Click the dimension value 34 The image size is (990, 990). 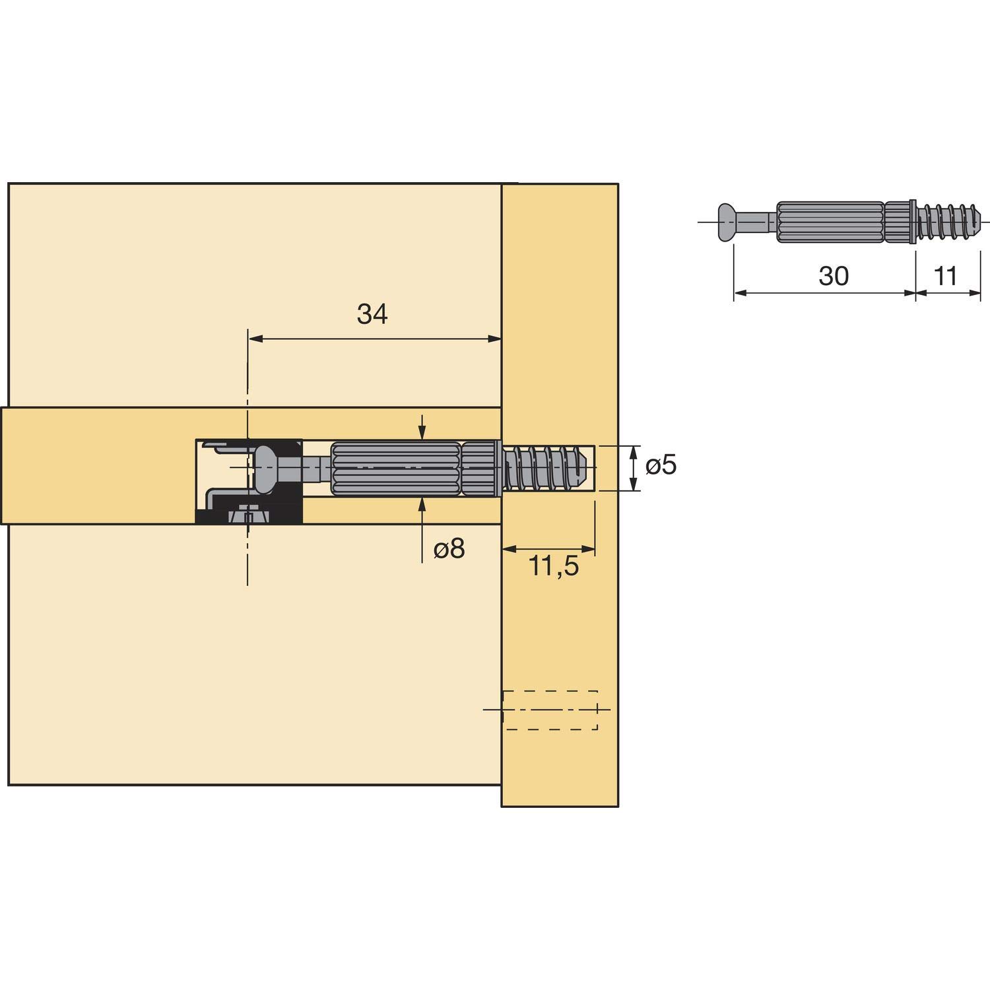click(x=372, y=315)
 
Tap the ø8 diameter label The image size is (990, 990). click(x=449, y=548)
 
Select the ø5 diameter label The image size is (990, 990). click(x=661, y=466)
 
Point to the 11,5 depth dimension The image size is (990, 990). click(x=554, y=566)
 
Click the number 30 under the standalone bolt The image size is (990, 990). click(x=834, y=276)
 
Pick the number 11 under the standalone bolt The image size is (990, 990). click(x=946, y=276)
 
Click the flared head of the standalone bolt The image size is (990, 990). click(x=727, y=222)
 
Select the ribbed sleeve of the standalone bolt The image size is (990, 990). click(x=830, y=222)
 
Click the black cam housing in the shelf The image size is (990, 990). click(x=249, y=480)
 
